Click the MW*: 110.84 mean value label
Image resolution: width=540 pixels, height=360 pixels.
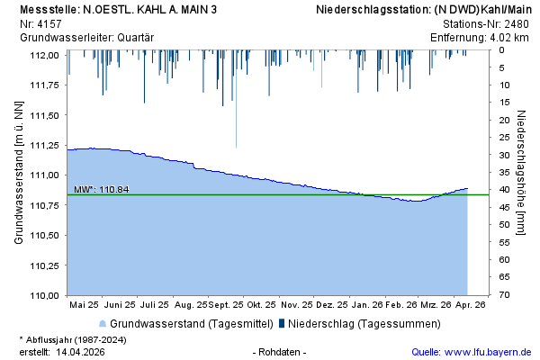point(101,189)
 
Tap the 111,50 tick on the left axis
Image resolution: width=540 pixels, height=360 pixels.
point(45,115)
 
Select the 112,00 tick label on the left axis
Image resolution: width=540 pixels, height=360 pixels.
point(45,55)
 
